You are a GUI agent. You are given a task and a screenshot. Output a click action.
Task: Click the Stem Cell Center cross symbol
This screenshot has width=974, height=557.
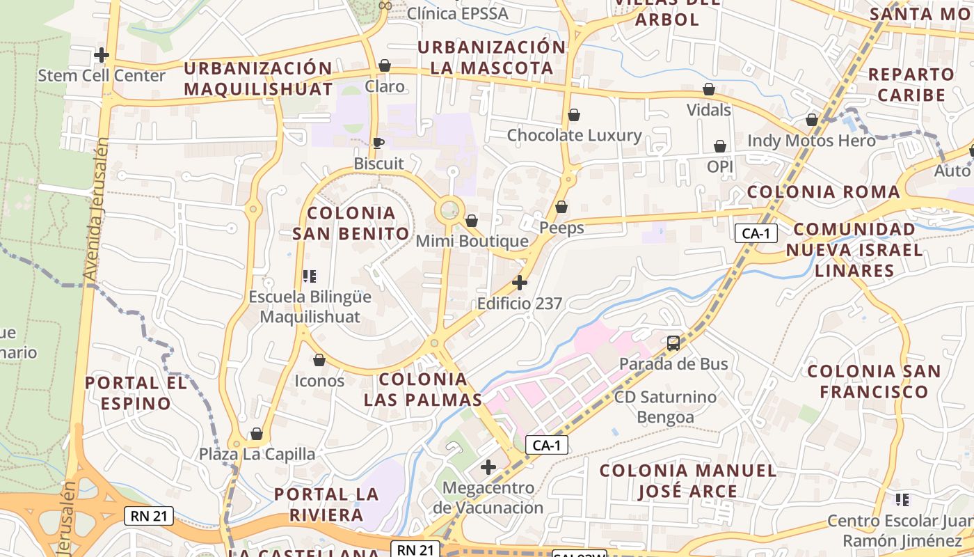point(102,54)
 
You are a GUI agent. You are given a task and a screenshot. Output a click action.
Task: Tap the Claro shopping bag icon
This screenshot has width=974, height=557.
point(384,65)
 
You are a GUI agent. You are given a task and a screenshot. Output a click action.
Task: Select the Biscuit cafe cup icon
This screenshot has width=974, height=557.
point(378,143)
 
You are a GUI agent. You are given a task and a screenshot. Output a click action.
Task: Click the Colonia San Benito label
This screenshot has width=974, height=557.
point(351,223)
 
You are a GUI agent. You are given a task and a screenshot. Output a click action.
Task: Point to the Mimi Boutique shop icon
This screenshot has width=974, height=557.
point(472,221)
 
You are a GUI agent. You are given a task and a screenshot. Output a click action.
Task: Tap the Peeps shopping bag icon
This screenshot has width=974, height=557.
point(561,207)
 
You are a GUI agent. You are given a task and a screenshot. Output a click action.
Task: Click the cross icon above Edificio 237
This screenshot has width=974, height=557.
point(519,283)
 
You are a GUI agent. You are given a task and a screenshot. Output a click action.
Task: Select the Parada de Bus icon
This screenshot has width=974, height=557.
point(673,343)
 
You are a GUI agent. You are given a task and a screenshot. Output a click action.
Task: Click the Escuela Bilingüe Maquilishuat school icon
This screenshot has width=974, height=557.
point(310,276)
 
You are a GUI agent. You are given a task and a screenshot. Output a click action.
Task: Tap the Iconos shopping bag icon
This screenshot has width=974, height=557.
point(319,360)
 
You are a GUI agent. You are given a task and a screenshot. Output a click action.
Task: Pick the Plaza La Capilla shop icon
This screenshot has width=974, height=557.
point(256,434)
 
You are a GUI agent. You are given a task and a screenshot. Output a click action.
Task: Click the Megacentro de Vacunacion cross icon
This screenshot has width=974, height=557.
point(488,466)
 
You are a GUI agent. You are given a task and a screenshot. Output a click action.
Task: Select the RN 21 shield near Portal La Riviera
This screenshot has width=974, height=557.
point(149,516)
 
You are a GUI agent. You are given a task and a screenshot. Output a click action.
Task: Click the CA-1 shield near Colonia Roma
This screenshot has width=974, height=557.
point(756,233)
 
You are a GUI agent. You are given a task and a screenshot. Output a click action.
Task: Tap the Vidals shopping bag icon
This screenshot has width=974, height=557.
point(709,89)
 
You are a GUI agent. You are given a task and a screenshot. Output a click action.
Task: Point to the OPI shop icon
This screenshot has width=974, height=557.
point(720,146)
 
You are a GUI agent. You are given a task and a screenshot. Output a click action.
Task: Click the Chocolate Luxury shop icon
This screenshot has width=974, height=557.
point(574,115)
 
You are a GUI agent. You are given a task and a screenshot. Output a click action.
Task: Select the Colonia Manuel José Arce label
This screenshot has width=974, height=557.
point(687,481)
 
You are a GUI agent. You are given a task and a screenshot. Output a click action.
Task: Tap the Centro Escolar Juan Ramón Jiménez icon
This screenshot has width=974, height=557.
point(902,499)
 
